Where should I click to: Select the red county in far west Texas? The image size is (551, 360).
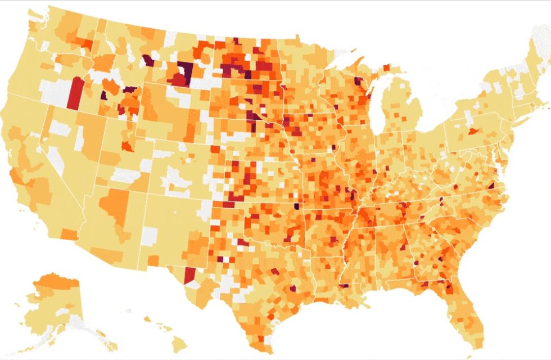[x=190, y=275]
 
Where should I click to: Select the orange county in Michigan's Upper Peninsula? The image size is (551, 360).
[x=386, y=67]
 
